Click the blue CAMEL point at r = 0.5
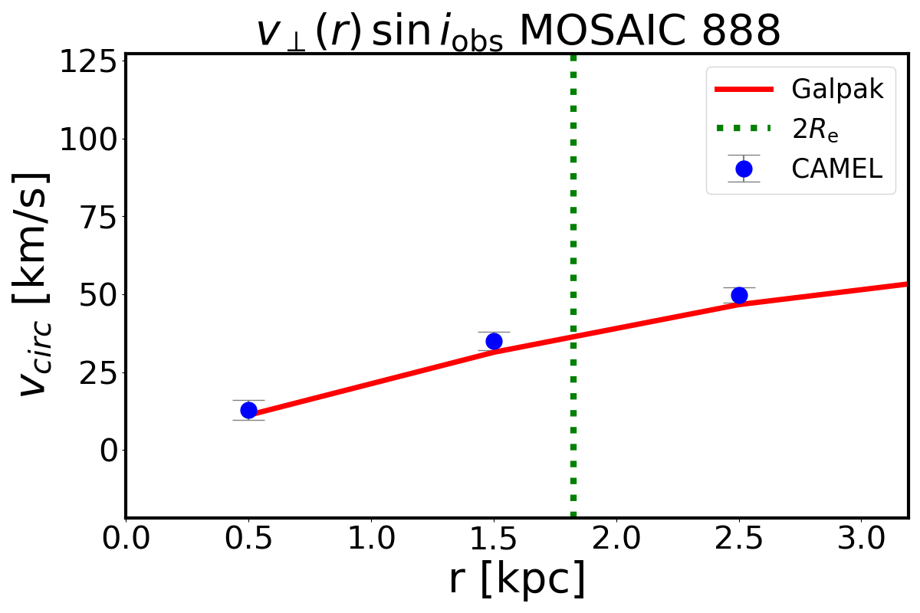(x=248, y=410)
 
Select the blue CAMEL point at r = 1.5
(x=494, y=341)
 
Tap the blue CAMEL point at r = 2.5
(x=739, y=295)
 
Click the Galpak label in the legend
(x=837, y=90)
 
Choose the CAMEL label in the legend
(x=836, y=169)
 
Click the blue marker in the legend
(x=744, y=169)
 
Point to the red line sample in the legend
(x=744, y=90)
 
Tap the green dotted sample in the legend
(x=744, y=129)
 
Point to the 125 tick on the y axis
(x=91, y=61)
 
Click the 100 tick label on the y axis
(x=91, y=139)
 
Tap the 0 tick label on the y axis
(x=109, y=450)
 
